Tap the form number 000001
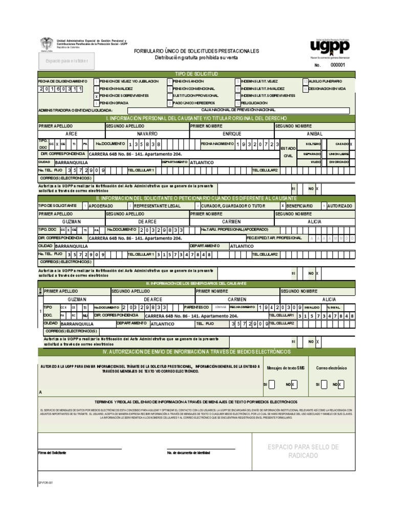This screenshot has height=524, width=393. (338, 65)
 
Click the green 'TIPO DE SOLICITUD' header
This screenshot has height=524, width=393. (196, 75)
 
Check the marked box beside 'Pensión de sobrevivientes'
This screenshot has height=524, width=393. (97, 96)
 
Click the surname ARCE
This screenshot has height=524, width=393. (72, 133)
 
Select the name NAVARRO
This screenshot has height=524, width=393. (146, 133)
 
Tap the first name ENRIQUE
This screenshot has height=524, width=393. (232, 133)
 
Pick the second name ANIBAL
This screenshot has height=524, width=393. (316, 133)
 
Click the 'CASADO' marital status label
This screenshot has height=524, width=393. (342, 144)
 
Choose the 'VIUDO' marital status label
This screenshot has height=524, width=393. (315, 161)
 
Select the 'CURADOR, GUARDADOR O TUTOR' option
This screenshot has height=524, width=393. (233, 205)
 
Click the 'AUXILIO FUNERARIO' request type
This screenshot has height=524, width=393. (325, 81)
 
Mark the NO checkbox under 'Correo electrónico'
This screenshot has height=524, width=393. (341, 384)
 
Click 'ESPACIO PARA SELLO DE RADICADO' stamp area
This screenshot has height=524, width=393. (303, 451)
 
